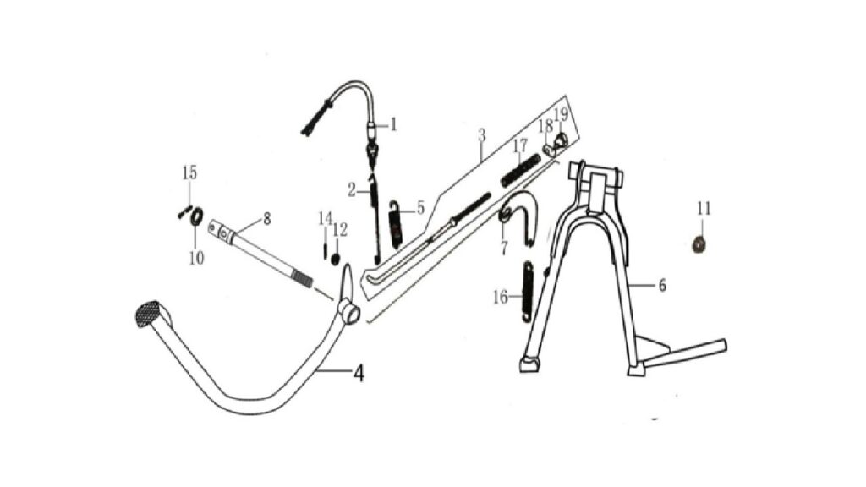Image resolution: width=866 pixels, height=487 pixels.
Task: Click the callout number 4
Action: (x=359, y=374)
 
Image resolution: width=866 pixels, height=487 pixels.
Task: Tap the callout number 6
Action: (x=661, y=286)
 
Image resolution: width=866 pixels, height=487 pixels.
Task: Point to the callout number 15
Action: (x=189, y=172)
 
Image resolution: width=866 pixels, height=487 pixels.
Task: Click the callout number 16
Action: (x=501, y=298)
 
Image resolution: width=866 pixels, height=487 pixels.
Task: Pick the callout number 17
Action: (x=520, y=146)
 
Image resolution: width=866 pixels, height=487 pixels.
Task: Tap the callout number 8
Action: (x=266, y=219)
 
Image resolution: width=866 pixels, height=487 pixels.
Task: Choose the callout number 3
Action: (x=481, y=134)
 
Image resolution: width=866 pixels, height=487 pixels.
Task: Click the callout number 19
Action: (x=561, y=114)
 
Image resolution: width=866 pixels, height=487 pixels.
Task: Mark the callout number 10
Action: (x=196, y=258)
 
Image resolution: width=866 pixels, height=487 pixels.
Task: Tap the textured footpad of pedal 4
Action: (x=153, y=314)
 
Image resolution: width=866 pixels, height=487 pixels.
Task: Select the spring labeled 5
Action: (x=396, y=223)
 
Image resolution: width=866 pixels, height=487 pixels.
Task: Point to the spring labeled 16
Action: (x=528, y=291)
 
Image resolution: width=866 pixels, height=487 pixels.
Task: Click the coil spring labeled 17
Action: (x=520, y=171)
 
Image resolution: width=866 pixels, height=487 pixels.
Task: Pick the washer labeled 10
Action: (x=196, y=216)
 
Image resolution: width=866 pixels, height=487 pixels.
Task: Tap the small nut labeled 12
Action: (x=335, y=259)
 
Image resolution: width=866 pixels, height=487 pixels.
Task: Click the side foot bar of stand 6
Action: (x=685, y=354)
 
